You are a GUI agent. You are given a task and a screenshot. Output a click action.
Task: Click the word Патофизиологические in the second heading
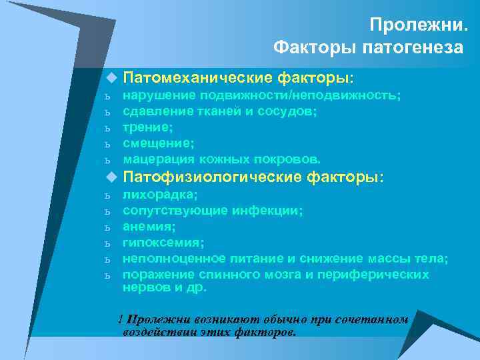213,177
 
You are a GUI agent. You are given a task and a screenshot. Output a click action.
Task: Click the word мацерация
157,159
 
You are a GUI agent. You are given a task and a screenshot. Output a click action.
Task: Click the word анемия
148,227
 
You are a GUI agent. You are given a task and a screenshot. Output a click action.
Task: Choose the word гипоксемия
163,243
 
